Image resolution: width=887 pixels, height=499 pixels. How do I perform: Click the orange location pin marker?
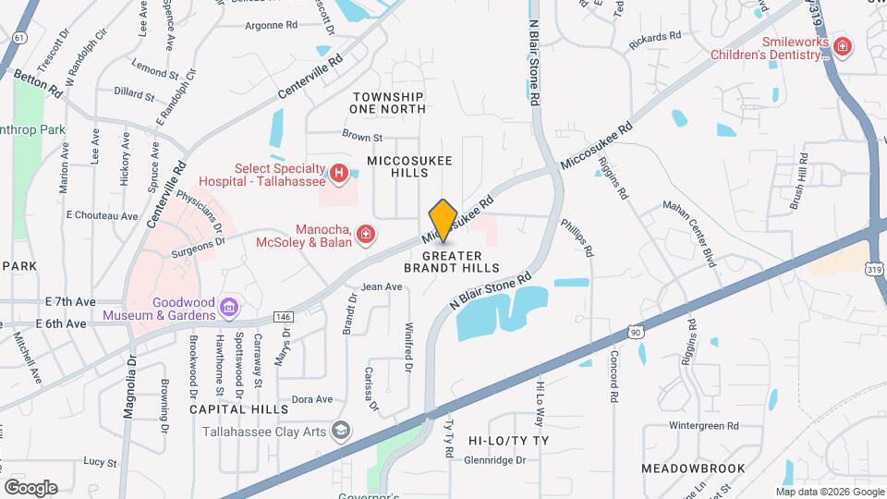point(443,220)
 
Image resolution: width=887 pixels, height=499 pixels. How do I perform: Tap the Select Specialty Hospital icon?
point(340,172)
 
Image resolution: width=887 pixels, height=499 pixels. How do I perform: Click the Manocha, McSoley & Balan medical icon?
point(367,235)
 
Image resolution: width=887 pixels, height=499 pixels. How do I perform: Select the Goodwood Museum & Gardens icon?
point(230,307)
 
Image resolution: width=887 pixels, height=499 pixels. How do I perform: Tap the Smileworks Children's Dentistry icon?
point(842,46)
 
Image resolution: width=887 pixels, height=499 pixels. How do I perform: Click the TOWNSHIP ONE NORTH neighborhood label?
point(388,103)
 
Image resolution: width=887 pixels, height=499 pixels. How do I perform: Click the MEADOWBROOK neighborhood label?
point(692,469)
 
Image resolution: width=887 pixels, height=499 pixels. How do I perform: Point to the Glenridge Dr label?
point(494,459)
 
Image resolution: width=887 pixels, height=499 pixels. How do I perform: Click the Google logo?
point(30,487)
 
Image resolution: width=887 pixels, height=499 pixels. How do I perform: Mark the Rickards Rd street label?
point(654,36)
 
